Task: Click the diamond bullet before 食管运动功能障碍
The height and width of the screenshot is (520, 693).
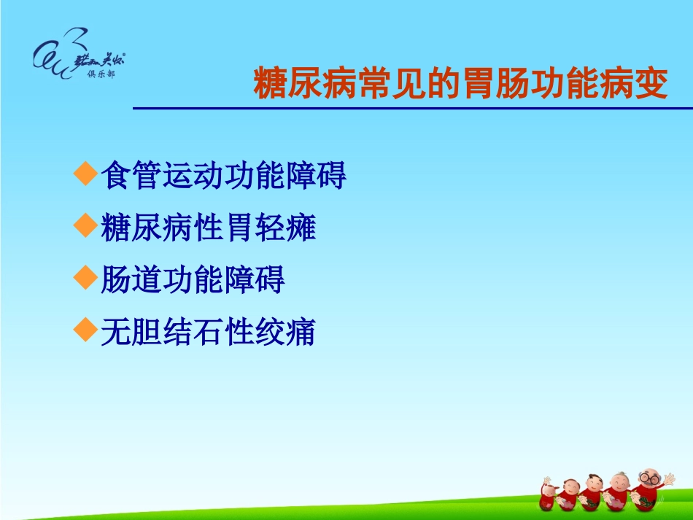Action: [86, 174]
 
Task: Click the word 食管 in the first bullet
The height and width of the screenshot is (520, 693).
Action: [131, 176]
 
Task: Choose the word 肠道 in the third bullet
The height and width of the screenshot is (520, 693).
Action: [131, 280]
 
